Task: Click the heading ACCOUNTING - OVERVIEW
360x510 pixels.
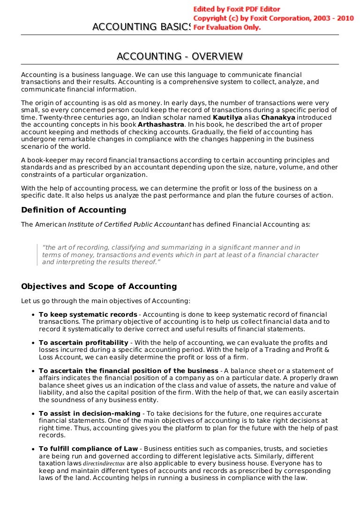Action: click(180, 57)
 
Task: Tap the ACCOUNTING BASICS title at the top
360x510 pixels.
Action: click(142, 28)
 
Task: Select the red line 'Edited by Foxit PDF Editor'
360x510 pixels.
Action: click(237, 9)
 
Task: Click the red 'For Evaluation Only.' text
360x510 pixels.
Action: click(227, 27)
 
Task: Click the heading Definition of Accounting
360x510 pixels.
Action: click(74, 210)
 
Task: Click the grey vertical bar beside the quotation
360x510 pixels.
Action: click(37, 254)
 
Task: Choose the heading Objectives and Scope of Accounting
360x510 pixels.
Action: click(99, 286)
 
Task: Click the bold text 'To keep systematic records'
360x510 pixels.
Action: click(88, 314)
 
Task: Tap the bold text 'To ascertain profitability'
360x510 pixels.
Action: click(83, 343)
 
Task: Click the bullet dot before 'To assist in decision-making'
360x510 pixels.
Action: click(33, 414)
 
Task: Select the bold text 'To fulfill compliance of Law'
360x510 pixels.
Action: click(88, 449)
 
